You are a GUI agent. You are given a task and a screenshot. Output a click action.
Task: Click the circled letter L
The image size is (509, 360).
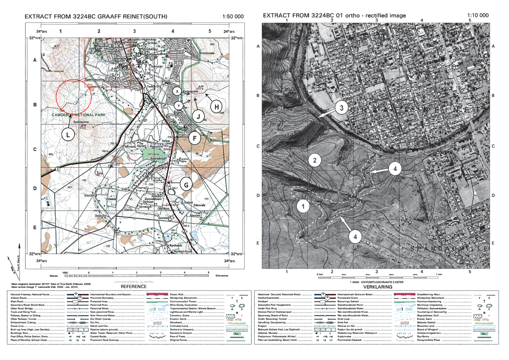[68, 135]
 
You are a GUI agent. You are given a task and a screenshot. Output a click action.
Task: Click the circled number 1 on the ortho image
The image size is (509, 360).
[302, 207]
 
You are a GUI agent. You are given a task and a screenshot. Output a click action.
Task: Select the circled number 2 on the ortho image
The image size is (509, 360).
[314, 160]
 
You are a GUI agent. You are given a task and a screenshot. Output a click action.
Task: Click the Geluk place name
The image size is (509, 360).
[112, 199]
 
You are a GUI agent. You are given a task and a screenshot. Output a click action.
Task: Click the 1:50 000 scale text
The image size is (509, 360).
[233, 17]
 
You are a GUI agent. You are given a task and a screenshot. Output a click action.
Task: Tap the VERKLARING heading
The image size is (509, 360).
[377, 287]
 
